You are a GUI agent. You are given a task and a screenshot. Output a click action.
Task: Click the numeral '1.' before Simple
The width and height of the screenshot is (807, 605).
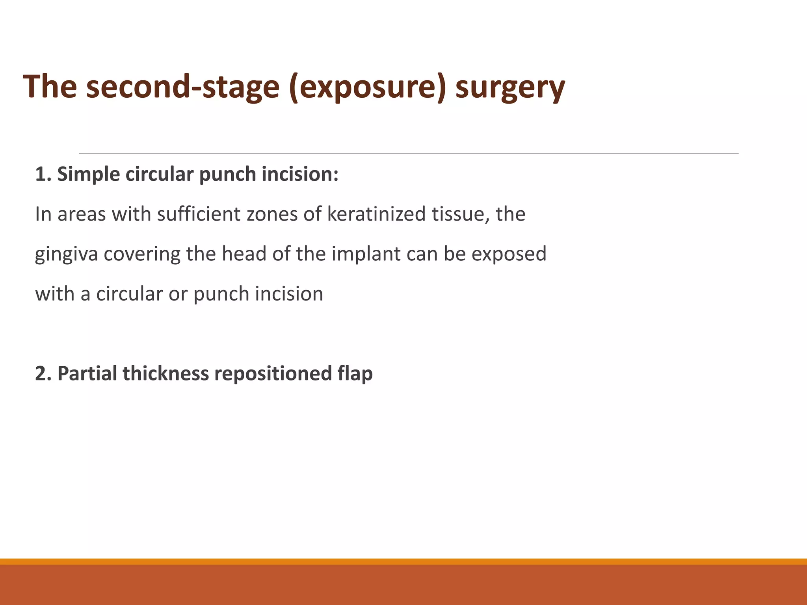[x=43, y=174]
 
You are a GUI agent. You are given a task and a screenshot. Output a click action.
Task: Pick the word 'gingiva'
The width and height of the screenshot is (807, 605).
[x=66, y=254]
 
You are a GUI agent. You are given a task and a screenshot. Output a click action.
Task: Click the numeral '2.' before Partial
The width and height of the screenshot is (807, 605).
[x=43, y=373]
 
